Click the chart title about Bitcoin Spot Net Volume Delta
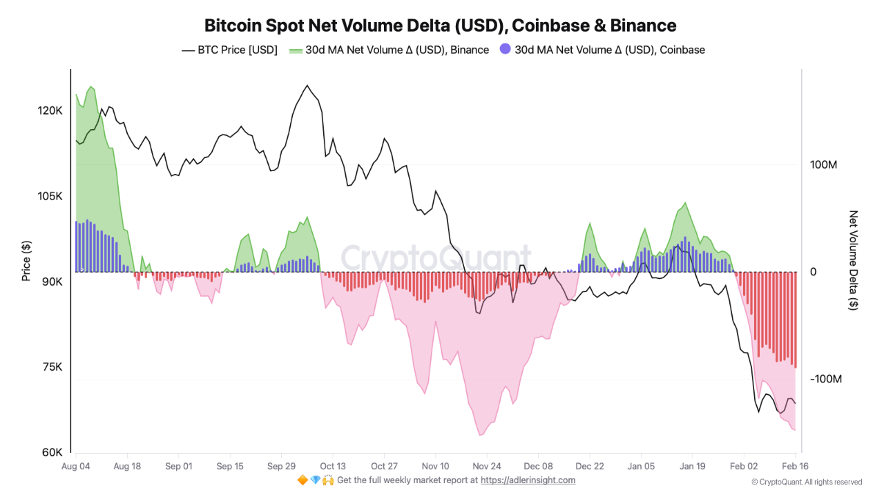click(440, 26)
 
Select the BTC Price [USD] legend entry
click(229, 50)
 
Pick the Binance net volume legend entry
click(389, 50)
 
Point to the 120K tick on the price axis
click(52, 110)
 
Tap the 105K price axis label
click(52, 196)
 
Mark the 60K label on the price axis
click(53, 453)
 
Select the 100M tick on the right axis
click(823, 165)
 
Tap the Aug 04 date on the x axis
click(76, 466)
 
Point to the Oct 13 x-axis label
click(332, 466)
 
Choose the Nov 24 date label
click(486, 466)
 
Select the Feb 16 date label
click(794, 466)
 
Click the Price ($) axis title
click(26, 260)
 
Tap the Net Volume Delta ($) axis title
click(854, 260)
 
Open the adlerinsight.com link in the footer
click(528, 480)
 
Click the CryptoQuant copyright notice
click(807, 482)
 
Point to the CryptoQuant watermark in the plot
click(436, 258)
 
